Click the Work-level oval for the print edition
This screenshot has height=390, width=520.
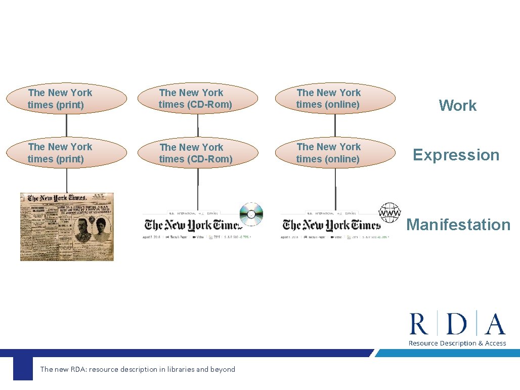[67, 99]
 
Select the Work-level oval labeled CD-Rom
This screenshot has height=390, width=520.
[198, 99]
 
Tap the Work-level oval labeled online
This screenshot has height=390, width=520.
[335, 99]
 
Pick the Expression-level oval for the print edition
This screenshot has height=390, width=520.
[67, 153]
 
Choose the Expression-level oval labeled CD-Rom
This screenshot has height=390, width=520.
[198, 153]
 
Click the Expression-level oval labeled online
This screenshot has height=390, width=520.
[335, 153]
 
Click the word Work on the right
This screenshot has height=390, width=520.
[457, 105]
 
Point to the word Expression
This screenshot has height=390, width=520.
[456, 155]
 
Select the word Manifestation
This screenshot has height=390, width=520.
[458, 225]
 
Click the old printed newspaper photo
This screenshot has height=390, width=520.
[67, 227]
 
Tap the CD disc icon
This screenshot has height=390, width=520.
[251, 214]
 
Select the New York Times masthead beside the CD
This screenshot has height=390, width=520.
[191, 225]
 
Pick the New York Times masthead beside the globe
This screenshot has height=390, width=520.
[331, 225]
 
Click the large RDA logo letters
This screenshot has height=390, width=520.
[457, 324]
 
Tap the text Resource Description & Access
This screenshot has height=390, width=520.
[457, 343]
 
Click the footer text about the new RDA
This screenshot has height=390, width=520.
[138, 369]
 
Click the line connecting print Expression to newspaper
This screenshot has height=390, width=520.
[67, 180]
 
